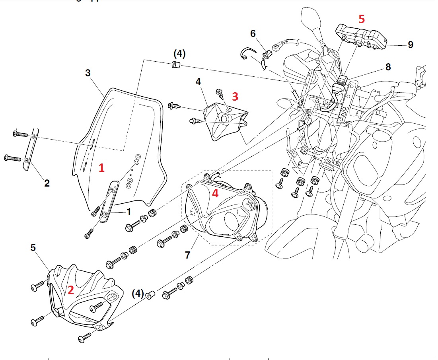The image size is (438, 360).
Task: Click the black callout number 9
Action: [410, 45]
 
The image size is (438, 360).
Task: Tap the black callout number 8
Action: [388, 67]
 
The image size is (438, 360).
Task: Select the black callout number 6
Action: [253, 33]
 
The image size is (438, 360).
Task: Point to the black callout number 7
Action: [187, 255]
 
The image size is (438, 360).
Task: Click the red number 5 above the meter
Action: [361, 19]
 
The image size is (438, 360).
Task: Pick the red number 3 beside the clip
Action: [235, 96]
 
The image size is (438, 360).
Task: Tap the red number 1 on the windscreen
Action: [102, 168]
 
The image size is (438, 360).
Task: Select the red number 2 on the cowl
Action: [71, 290]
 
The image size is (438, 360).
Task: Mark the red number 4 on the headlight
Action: [215, 194]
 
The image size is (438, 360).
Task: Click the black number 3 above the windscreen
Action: [88, 73]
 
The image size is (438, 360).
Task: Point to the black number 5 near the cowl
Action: [33, 247]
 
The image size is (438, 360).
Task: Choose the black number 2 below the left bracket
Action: [47, 183]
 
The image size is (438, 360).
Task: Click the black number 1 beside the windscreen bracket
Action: [129, 212]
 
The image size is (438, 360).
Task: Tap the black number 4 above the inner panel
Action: [198, 82]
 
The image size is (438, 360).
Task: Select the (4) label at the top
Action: [179, 53]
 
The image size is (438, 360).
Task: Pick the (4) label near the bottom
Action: [138, 294]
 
